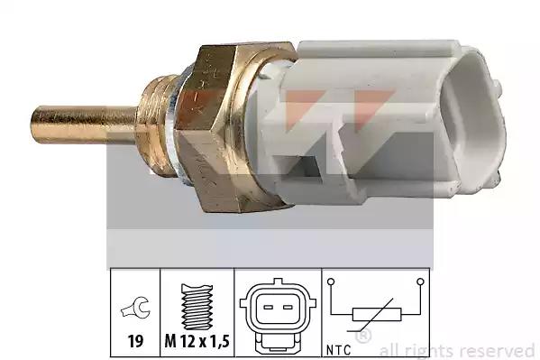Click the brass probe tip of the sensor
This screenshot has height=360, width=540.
pyautogui.click(x=85, y=125)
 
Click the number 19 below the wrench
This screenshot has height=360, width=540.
pyautogui.click(x=135, y=341)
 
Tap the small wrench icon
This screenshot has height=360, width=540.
pyautogui.click(x=135, y=308)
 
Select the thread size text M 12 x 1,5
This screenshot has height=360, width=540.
pyautogui.click(x=197, y=341)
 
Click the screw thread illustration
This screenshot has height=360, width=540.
pyautogui.click(x=197, y=307)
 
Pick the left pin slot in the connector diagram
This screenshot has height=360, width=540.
pyautogui.click(x=269, y=307)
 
